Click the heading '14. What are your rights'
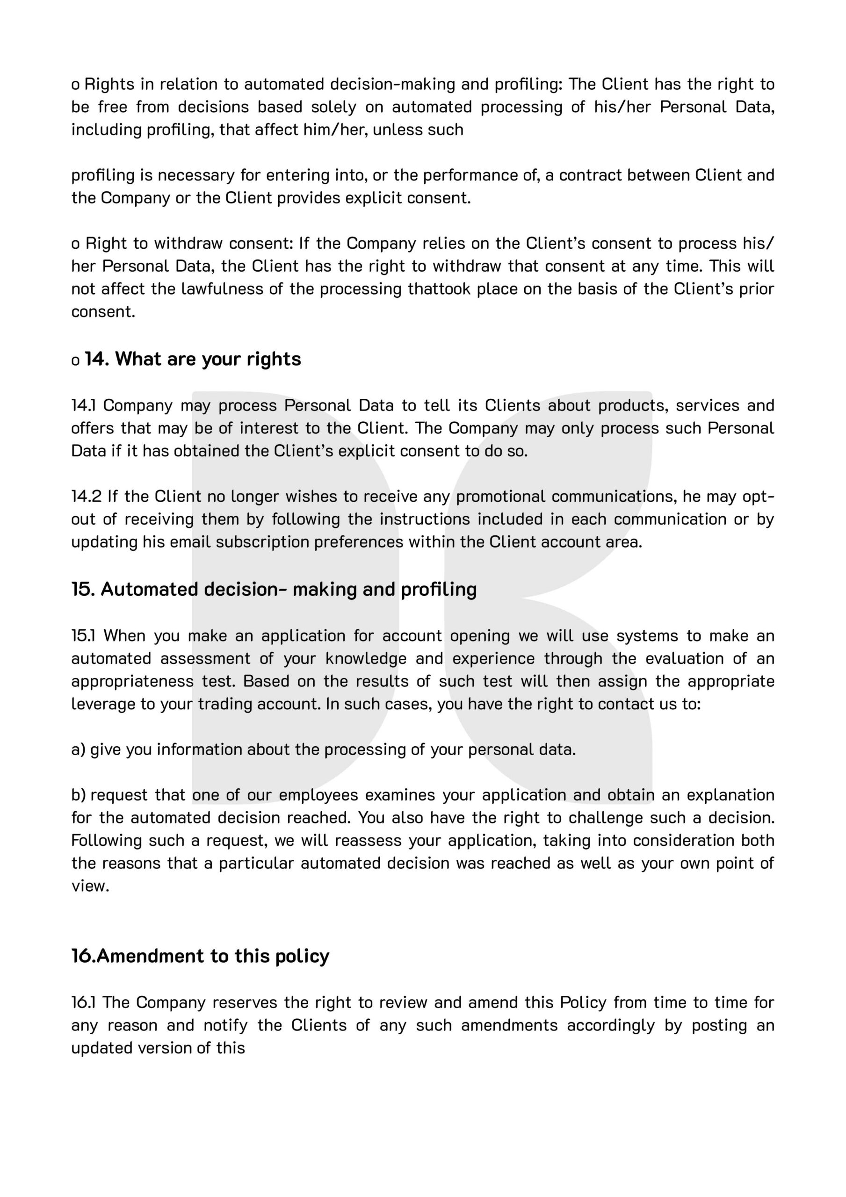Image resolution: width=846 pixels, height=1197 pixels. tap(193, 359)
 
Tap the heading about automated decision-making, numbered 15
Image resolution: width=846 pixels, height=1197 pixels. tap(274, 589)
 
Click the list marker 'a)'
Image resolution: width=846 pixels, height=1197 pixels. tap(78, 750)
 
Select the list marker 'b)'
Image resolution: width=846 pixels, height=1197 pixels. tap(78, 795)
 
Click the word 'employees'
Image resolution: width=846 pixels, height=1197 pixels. tap(318, 795)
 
